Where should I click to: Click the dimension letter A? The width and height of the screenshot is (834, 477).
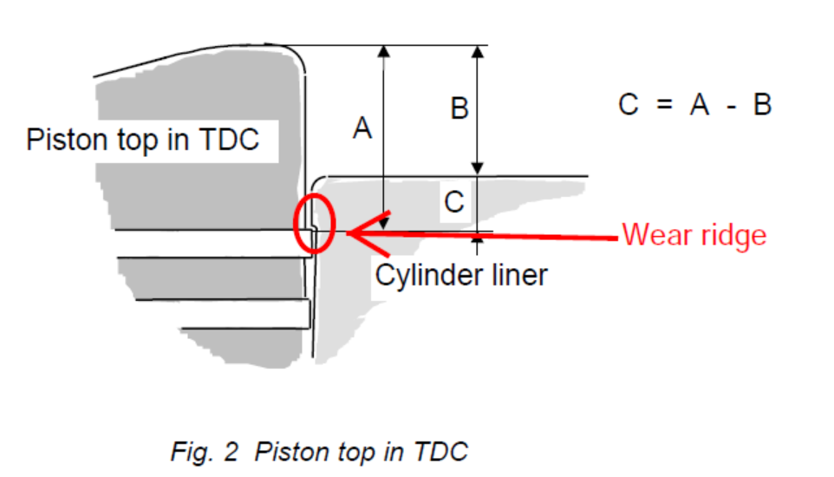click(x=362, y=128)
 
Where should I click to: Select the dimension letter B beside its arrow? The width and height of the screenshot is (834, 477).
click(x=460, y=109)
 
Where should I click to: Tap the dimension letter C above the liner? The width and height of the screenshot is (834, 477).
click(x=454, y=202)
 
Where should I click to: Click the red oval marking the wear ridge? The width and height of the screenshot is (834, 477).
click(x=312, y=224)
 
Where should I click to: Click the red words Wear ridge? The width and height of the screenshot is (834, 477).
click(x=694, y=235)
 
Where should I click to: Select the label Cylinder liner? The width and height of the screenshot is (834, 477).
click(x=461, y=275)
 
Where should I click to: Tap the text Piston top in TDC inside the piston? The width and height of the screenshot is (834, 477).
click(x=143, y=140)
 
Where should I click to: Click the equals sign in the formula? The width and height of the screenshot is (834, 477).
click(x=664, y=105)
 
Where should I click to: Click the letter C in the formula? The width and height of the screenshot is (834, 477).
click(x=629, y=105)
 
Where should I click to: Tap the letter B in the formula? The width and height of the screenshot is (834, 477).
click(x=761, y=105)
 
